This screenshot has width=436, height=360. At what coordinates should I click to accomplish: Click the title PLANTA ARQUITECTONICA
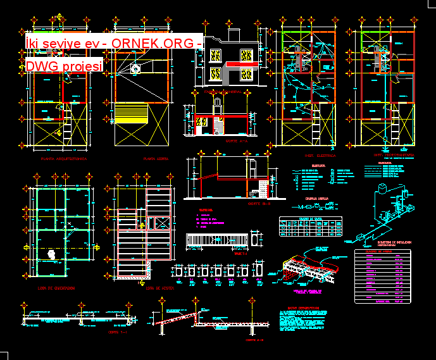pos(64,159)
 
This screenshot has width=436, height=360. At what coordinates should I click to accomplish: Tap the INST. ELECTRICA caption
pos(320,155)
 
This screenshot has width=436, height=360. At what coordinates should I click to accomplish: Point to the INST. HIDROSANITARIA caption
pos(393,155)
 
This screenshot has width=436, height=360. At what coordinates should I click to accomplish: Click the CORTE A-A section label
pos(236,142)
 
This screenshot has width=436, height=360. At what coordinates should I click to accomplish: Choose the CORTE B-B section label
pos(258,203)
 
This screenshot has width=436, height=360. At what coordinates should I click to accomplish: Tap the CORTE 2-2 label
pos(254,339)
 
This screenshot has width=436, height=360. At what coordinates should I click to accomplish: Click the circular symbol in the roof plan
pos(134,68)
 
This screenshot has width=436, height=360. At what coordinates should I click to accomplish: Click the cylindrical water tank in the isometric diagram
pos(383,190)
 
